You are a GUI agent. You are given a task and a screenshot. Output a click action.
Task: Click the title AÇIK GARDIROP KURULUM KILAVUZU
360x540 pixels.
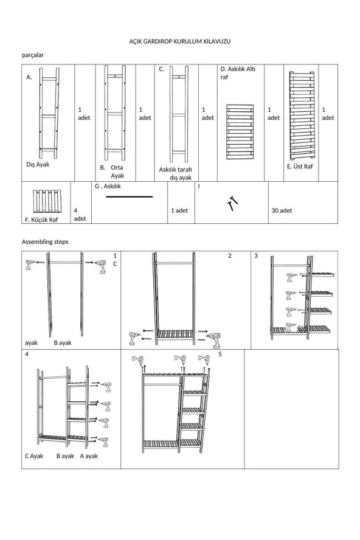click(181, 40)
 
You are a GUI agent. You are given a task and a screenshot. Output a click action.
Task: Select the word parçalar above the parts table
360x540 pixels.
click(33, 55)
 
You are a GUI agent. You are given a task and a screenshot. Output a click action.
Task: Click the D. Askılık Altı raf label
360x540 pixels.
click(238, 74)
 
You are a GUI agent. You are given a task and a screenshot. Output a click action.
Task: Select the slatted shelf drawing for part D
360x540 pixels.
click(240, 131)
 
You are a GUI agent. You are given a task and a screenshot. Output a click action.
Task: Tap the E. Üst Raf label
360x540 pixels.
click(300, 166)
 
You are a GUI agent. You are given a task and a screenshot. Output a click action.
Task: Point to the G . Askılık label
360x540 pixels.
click(109, 187)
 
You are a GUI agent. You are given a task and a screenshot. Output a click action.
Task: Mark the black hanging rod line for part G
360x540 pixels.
click(130, 197)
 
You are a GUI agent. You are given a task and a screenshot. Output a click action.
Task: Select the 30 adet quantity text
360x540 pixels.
click(282, 210)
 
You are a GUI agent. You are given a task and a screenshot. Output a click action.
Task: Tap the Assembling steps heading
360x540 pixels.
click(45, 241)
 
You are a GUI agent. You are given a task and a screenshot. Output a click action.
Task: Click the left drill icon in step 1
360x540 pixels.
click(30, 265)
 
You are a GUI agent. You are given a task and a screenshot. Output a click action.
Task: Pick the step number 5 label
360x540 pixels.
click(220, 354)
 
